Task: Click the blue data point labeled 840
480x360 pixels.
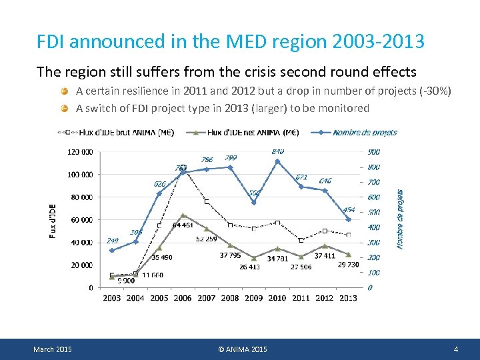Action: (x=277, y=161)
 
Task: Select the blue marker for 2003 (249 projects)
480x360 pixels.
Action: (x=112, y=251)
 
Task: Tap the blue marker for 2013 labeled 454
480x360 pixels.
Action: (x=348, y=219)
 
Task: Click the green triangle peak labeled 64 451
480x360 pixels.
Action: (x=183, y=215)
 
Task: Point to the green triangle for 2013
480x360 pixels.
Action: (x=348, y=255)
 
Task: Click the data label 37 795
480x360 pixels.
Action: (x=231, y=255)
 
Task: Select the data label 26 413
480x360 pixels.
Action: (x=249, y=267)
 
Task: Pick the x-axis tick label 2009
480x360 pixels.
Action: (x=253, y=298)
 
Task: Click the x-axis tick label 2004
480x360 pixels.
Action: (x=135, y=298)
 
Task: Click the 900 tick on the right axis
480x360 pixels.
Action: (x=374, y=152)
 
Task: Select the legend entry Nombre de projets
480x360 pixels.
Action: (x=364, y=132)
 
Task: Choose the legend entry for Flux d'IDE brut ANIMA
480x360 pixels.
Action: (x=127, y=132)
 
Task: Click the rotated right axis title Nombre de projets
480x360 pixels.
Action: (x=400, y=219)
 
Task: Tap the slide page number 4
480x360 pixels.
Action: (x=455, y=349)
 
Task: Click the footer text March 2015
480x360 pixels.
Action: (x=53, y=349)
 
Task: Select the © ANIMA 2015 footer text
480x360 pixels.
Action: (x=242, y=349)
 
